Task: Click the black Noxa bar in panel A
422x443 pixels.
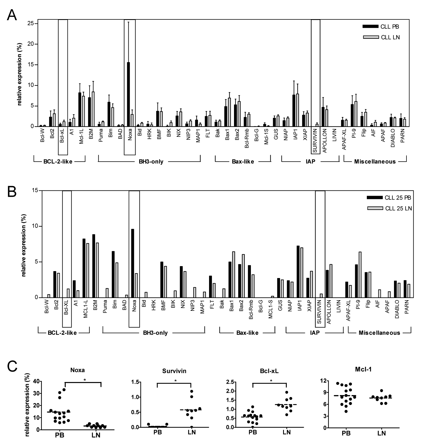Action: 128,94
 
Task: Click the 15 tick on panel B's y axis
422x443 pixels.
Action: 35,191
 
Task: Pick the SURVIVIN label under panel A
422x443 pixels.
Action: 316,142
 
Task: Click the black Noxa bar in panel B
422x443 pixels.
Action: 133,263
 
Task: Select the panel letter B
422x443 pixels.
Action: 12,191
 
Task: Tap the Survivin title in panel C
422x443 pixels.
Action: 174,371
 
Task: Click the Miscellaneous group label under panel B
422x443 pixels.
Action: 379,333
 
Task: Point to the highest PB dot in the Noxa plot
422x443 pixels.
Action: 64,389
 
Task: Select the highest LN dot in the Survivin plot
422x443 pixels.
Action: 191,391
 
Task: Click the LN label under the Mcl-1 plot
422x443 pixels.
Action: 382,433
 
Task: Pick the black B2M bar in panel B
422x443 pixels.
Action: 94,266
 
